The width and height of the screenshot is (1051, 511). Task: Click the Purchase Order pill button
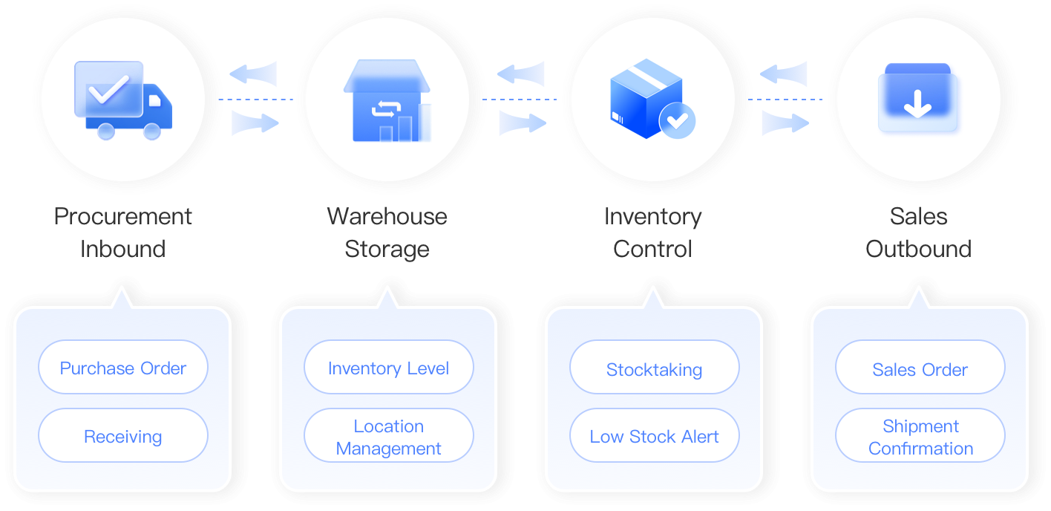pyautogui.click(x=123, y=367)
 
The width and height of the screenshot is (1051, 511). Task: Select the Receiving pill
pyautogui.click(x=123, y=435)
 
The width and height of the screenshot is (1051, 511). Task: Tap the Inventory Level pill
pyautogui.click(x=388, y=367)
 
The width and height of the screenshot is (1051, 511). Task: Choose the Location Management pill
pyautogui.click(x=388, y=435)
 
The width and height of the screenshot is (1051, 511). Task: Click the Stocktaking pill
pyautogui.click(x=655, y=367)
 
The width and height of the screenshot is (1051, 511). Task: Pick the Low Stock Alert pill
pyautogui.click(x=655, y=435)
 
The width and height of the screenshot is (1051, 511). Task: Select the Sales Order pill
pyautogui.click(x=920, y=367)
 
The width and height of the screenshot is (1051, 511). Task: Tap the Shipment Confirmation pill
pyautogui.click(x=920, y=435)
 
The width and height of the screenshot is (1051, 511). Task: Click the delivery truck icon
pyautogui.click(x=123, y=100)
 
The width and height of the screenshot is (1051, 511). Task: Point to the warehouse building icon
pyautogui.click(x=387, y=100)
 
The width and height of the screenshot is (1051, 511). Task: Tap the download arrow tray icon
pyautogui.click(x=917, y=97)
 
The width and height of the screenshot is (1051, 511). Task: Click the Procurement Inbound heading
pyautogui.click(x=123, y=232)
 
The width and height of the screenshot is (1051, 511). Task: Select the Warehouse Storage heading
pyautogui.click(x=387, y=232)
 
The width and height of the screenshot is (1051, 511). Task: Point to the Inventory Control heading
pyautogui.click(x=652, y=232)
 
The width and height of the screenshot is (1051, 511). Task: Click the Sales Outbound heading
pyautogui.click(x=919, y=232)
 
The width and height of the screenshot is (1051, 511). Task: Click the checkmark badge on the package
pyautogui.click(x=677, y=121)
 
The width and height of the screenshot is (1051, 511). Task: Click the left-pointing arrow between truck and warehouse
pyautogui.click(x=253, y=74)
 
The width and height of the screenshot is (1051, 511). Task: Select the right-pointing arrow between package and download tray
pyautogui.click(x=785, y=123)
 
